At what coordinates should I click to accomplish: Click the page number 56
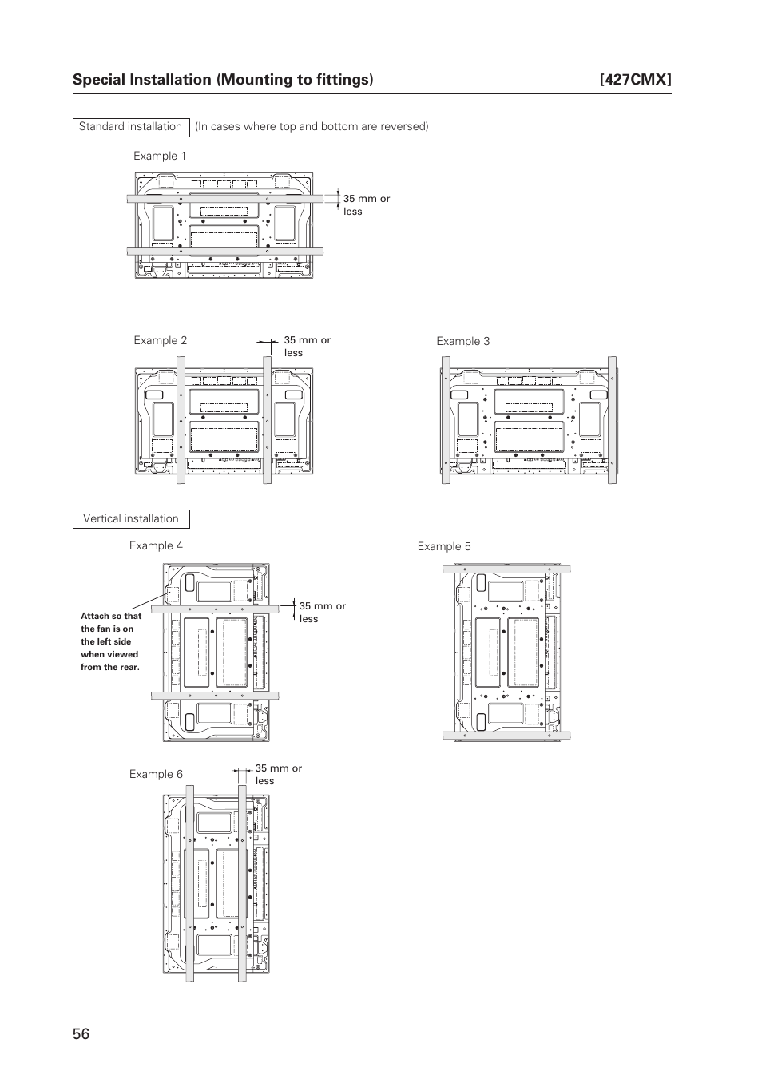click(81, 1033)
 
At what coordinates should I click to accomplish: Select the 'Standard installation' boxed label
click(130, 127)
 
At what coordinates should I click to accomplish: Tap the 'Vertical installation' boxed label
click(131, 519)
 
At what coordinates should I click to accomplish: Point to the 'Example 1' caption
click(160, 156)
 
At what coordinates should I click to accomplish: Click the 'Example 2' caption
click(160, 340)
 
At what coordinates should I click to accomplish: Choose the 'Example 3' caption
click(462, 341)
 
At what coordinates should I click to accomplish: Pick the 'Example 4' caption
click(156, 545)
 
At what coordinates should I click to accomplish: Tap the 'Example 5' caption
click(444, 546)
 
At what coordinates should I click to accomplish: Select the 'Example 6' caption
click(156, 774)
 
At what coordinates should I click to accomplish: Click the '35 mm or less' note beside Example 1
click(367, 205)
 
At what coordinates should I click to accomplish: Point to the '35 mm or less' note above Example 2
click(307, 346)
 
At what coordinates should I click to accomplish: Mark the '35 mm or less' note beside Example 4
click(323, 613)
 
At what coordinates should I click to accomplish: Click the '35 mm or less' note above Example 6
click(278, 775)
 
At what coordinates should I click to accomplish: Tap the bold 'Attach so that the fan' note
click(111, 641)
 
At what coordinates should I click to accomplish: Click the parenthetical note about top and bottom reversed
click(312, 127)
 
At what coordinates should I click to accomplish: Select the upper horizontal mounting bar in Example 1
click(224, 198)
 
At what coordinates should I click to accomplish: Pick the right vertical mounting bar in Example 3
click(612, 420)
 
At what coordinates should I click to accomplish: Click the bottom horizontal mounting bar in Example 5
click(506, 736)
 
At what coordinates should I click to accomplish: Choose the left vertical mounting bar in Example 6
click(190, 883)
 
